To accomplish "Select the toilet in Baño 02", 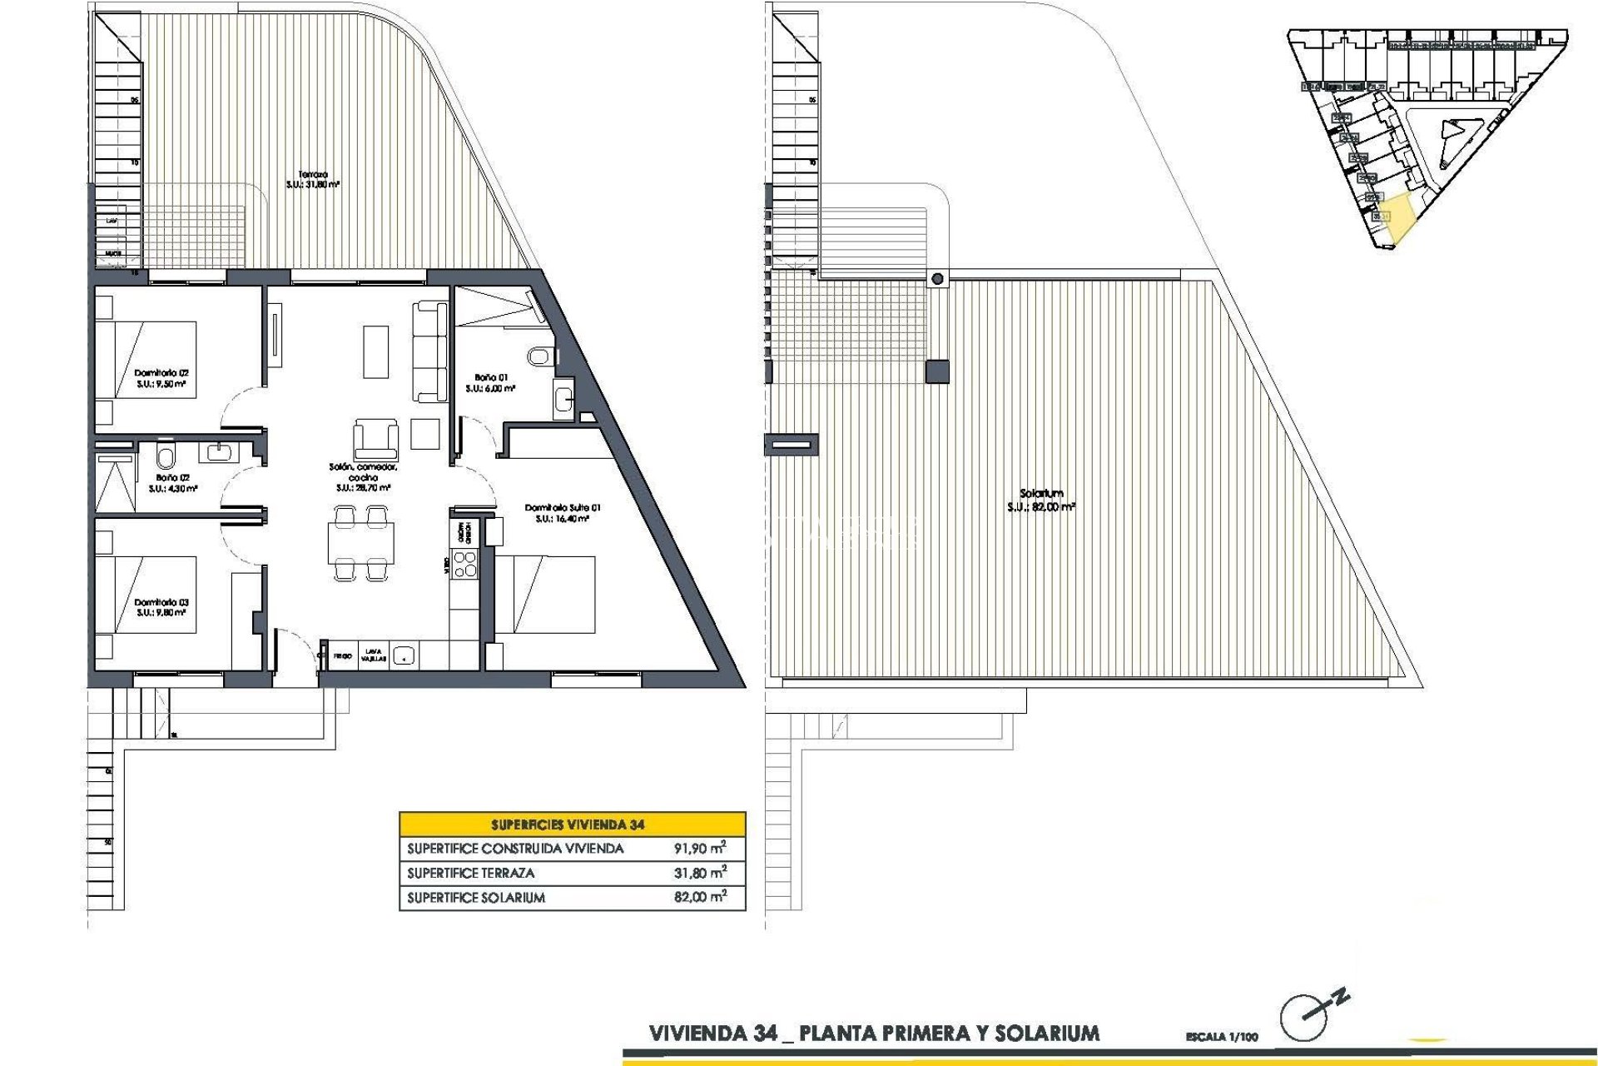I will coord(166,456).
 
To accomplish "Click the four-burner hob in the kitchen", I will coord(464,564).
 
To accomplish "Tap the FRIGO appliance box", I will coord(342,656).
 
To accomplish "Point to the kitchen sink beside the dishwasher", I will coord(404,655).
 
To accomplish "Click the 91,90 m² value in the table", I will coord(699,849).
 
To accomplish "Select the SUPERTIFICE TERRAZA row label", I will coord(471,873).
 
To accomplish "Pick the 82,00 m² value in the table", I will coord(699,897).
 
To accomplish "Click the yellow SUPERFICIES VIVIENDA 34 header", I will coord(572,824).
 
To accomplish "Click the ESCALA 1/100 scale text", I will coord(1222,1037).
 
